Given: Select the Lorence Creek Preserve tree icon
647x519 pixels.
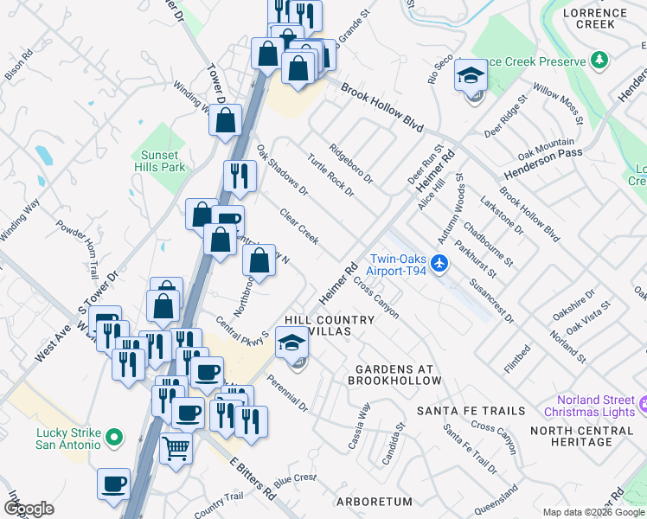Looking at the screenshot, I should tap(598, 60).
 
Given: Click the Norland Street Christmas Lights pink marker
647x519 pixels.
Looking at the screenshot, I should tap(643, 405).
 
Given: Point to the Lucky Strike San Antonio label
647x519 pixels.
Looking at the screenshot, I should tap(68, 439).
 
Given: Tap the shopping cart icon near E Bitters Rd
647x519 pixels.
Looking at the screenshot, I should tap(176, 449).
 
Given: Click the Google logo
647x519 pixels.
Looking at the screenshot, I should tap(29, 509).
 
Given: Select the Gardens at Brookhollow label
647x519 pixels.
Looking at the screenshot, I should tap(397, 375).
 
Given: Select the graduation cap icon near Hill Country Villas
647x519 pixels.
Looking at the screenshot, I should tap(292, 345).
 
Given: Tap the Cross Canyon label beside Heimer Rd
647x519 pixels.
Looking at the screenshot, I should tap(376, 300).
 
